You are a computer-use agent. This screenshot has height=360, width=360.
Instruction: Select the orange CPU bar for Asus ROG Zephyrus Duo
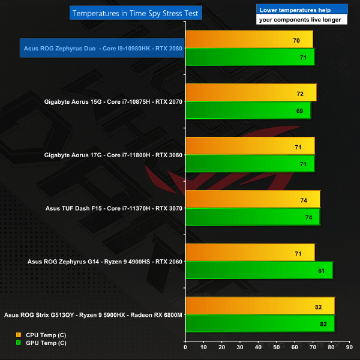point(249,40)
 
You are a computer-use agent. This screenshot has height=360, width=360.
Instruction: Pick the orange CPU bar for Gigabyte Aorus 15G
point(251,93)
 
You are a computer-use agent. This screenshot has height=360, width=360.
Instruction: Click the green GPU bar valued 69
point(248,110)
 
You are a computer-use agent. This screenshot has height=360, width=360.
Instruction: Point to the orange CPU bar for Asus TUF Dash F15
point(253,199)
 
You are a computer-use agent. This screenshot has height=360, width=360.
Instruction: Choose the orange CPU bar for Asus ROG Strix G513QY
point(260,306)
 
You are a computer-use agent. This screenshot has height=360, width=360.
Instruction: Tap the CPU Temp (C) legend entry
point(41,334)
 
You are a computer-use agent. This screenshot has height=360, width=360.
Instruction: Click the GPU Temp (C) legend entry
point(41,343)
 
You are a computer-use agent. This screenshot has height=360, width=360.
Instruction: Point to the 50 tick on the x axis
point(277,346)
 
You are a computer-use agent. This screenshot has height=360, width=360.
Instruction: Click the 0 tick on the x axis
point(186,346)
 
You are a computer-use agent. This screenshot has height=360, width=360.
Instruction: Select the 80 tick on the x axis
point(331,346)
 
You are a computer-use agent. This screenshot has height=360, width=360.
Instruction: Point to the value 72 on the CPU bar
point(300,94)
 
